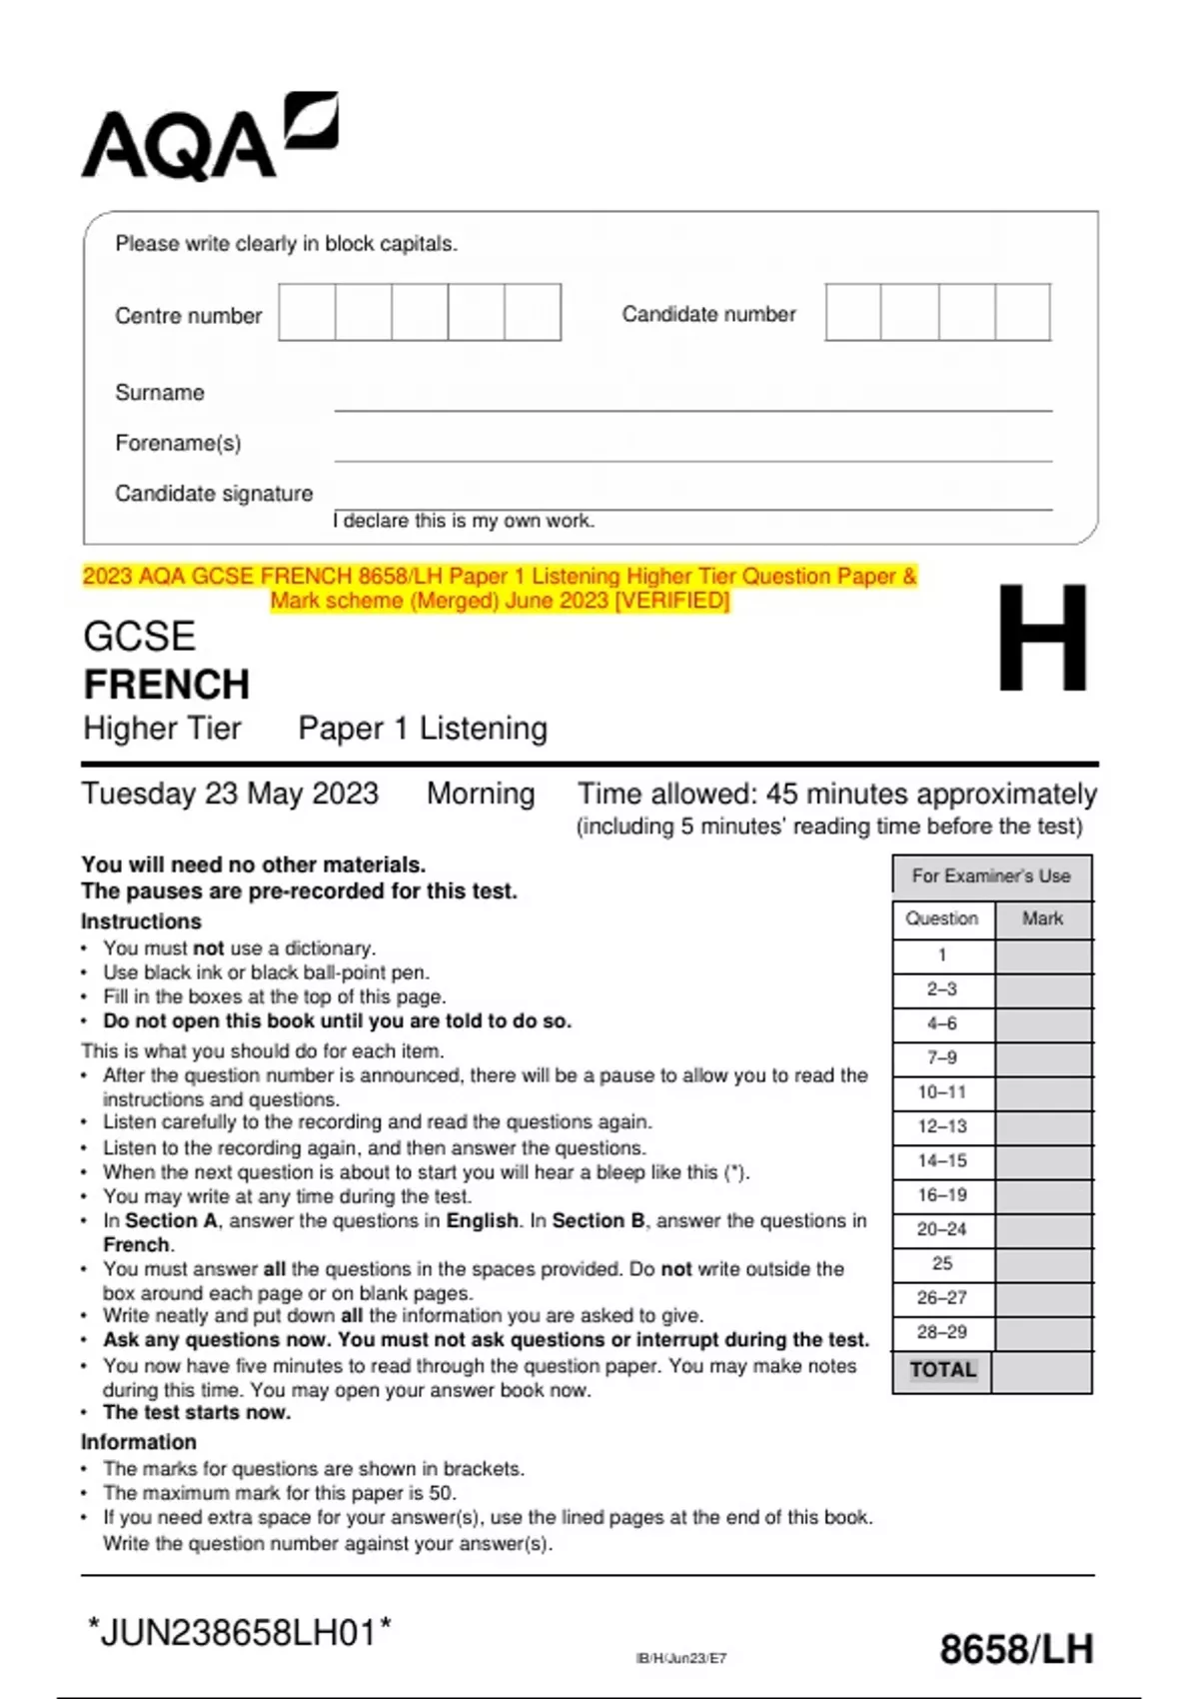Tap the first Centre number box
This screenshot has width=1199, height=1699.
[307, 313]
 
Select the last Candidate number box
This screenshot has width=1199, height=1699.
[1022, 313]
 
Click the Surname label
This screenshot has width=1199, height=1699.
[160, 393]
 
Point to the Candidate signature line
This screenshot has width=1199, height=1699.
[692, 508]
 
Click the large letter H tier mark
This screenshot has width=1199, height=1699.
[1042, 639]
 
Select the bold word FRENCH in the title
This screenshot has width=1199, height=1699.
[167, 685]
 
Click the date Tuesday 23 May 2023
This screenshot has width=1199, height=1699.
[230, 794]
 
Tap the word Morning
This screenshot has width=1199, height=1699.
[481, 794]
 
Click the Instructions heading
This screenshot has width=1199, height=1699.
[141, 921]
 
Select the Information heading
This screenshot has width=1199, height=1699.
[139, 1442]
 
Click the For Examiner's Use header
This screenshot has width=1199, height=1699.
[990, 876]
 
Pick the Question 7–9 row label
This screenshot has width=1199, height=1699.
[942, 1057]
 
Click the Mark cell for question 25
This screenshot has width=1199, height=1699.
[1043, 1263]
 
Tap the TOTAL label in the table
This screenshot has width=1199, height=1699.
[942, 1370]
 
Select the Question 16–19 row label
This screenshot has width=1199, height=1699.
[942, 1195]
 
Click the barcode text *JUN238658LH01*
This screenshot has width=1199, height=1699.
[240, 1633]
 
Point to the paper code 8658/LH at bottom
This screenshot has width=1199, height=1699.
[1016, 1649]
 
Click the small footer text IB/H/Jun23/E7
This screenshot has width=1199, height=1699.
[681, 1658]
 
